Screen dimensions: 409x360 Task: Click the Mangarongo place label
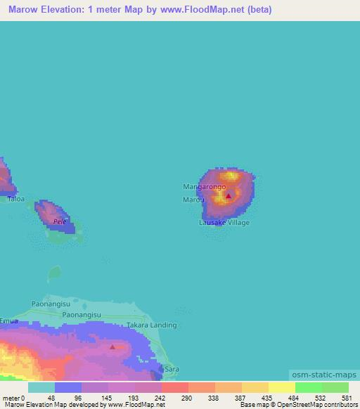(x=204, y=187)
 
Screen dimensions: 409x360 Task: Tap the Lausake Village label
(x=224, y=223)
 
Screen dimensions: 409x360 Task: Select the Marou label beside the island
(x=193, y=200)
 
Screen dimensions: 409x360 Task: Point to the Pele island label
(x=60, y=221)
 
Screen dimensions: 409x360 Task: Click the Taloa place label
(x=15, y=199)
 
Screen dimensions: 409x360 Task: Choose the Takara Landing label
(x=151, y=325)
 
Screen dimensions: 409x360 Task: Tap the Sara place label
(x=172, y=369)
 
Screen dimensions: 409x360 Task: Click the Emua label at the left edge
(x=9, y=320)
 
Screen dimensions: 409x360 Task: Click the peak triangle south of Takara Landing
(x=112, y=346)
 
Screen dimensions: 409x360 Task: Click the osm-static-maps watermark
(x=323, y=375)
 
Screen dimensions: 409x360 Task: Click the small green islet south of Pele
(x=53, y=272)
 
